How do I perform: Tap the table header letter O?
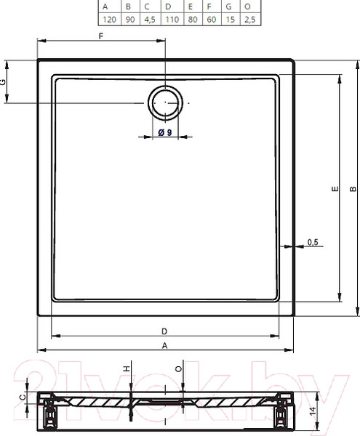pos(249,7)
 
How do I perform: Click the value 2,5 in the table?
pos(249,20)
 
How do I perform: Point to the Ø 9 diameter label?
pos(164,132)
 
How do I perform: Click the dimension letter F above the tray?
pos(101,36)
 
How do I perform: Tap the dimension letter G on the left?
pos(4,82)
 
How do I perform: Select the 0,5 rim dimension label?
pos(313,242)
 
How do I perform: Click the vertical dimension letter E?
pos(334,189)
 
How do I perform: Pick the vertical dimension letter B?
pos(353,189)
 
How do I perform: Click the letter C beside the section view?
pos(23,397)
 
